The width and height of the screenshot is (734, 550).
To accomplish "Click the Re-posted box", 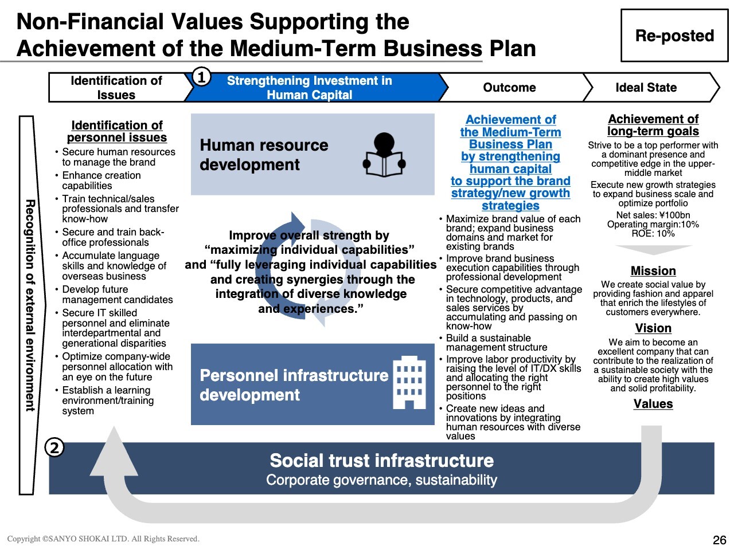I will coord(674,36).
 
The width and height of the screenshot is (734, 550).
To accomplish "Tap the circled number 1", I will coord(201,76).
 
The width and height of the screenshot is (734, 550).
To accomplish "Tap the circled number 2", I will coord(54,447).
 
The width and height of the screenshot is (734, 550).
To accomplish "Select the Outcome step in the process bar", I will coord(509,88).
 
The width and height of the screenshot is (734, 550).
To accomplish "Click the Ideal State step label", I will coord(646,88).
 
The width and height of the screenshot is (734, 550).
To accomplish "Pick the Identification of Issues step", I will coord(116,88).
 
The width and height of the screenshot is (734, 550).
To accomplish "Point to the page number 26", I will coord(719,540).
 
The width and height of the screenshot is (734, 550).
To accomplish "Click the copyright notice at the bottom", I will coord(103,539).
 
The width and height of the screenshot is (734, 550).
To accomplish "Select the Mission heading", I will coord(653,271).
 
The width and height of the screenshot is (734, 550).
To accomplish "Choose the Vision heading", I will coord(653,328).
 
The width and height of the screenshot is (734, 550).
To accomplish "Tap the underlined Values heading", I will coord(653,404).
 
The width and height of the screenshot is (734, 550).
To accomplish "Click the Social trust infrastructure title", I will coord(381,461).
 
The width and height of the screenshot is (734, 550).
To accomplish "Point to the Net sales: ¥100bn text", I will coord(653,215).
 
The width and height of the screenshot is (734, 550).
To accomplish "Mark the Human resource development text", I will coord(264,155).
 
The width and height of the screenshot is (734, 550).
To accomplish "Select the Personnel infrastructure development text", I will coord(294,385).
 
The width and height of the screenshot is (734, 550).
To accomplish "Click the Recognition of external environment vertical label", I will coord(30,305).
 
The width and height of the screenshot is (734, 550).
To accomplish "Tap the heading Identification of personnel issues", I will coord(117,131).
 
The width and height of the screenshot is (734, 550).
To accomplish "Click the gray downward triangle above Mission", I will coord(653,250).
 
